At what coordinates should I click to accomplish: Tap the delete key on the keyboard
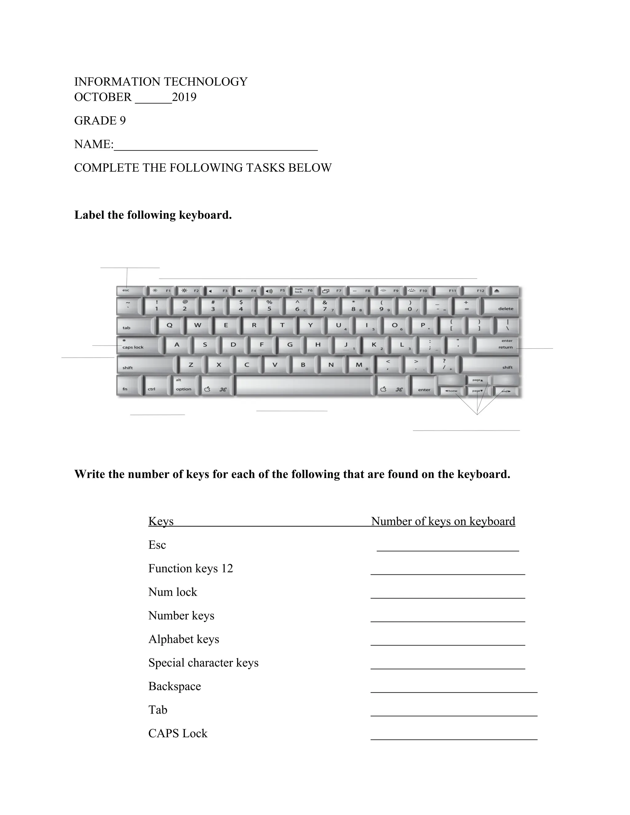click(500, 307)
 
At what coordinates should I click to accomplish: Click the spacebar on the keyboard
click(303, 385)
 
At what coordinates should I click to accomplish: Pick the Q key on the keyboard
click(170, 325)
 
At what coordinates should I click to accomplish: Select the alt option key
click(184, 385)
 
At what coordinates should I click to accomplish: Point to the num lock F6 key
click(303, 291)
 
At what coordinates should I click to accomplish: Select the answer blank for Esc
click(448, 547)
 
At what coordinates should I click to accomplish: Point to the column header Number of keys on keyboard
click(443, 522)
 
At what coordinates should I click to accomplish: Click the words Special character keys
click(203, 663)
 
